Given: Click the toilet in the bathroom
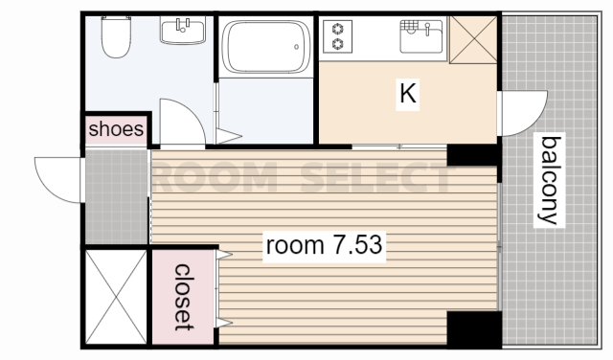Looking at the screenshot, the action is (116, 36).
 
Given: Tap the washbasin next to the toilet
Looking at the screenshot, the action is (183, 31).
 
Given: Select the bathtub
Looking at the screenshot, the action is (266, 47).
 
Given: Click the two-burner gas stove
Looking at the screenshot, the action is (338, 36).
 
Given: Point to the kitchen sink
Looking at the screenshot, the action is (421, 36).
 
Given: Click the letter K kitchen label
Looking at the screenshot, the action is (408, 94).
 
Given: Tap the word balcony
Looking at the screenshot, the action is (549, 181).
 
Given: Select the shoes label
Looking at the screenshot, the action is (116, 129).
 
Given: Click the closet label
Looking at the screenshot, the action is (184, 297).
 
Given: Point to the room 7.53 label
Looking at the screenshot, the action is (324, 245).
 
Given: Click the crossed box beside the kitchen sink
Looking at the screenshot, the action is (473, 39).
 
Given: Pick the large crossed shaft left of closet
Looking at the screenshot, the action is (116, 297).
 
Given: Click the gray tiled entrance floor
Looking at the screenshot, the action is (116, 197).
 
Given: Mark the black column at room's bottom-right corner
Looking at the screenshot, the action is (474, 329).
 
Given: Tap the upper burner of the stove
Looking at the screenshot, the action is (338, 29).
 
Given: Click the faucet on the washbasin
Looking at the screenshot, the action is (183, 25).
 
